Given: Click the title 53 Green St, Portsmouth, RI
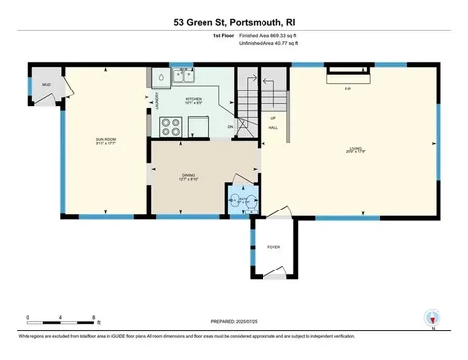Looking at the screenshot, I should [234, 20].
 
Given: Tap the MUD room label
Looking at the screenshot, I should [45, 85].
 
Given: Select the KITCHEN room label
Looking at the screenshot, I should [193, 98].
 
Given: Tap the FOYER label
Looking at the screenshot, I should [273, 247].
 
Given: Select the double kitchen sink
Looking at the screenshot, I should [183, 76].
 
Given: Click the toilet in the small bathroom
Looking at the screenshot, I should [234, 202].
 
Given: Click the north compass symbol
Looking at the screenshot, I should [429, 317].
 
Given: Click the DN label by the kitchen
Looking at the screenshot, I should [230, 126].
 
